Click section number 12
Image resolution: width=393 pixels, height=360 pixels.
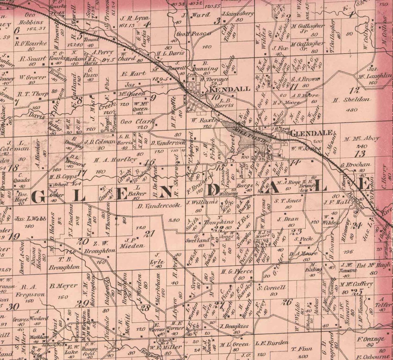tap(356, 91)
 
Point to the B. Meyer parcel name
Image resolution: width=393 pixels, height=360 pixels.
tap(63, 286)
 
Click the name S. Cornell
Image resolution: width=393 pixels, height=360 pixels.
tap(271, 288)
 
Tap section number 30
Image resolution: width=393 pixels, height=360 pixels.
tap(13, 306)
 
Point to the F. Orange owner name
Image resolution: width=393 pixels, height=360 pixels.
tap(370, 340)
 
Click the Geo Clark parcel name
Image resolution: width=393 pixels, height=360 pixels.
tap(137, 121)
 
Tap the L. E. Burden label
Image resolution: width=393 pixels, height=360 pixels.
tap(272, 343)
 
